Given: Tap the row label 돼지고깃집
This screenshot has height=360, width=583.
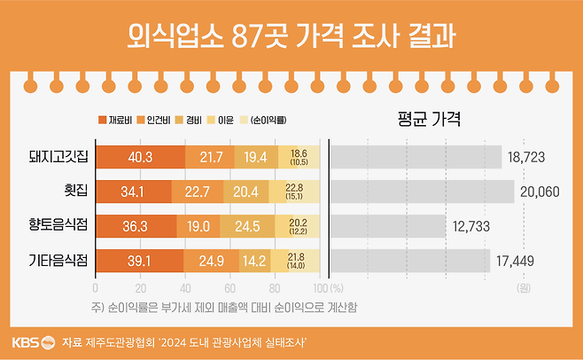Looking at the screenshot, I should [x=58, y=158].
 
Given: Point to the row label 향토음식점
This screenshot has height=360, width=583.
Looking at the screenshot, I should [x=58, y=226].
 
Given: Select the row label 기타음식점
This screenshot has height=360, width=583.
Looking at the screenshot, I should [x=58, y=260].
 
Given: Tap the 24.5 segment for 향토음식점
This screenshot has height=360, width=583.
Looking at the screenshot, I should [x=246, y=226].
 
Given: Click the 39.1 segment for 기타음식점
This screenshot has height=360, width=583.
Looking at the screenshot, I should [x=138, y=260].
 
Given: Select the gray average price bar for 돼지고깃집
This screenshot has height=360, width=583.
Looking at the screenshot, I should [x=416, y=158].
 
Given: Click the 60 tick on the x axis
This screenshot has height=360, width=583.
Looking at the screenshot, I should [x=230, y=288].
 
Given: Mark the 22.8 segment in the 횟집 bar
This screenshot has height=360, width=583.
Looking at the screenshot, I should [x=295, y=192].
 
